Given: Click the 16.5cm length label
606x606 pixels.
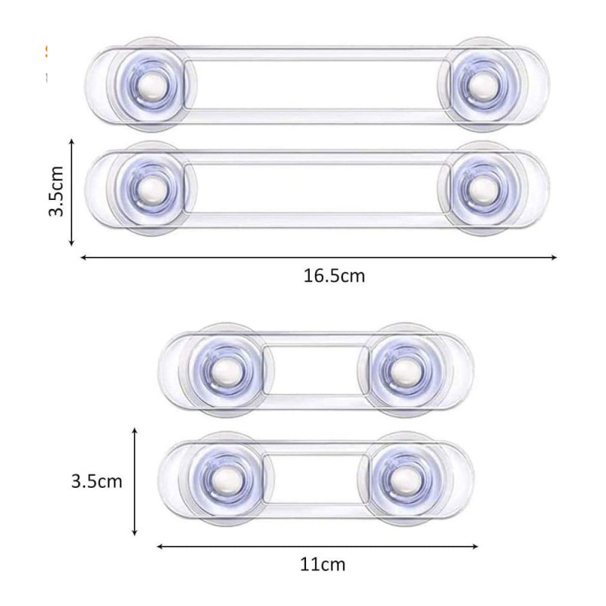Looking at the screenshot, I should [x=334, y=276].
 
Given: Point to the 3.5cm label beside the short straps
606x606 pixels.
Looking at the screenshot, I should [x=96, y=480].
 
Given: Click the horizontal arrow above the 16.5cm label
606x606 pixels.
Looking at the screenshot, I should [x=318, y=258].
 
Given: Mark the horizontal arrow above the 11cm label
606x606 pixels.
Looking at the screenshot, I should [x=317, y=545].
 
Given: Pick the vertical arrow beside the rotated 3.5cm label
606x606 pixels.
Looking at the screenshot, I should [x=71, y=192].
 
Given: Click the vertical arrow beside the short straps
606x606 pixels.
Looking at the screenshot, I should [x=135, y=481].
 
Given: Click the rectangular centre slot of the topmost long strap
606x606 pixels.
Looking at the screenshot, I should [x=317, y=84].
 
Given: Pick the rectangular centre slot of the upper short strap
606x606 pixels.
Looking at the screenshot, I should [x=312, y=369].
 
